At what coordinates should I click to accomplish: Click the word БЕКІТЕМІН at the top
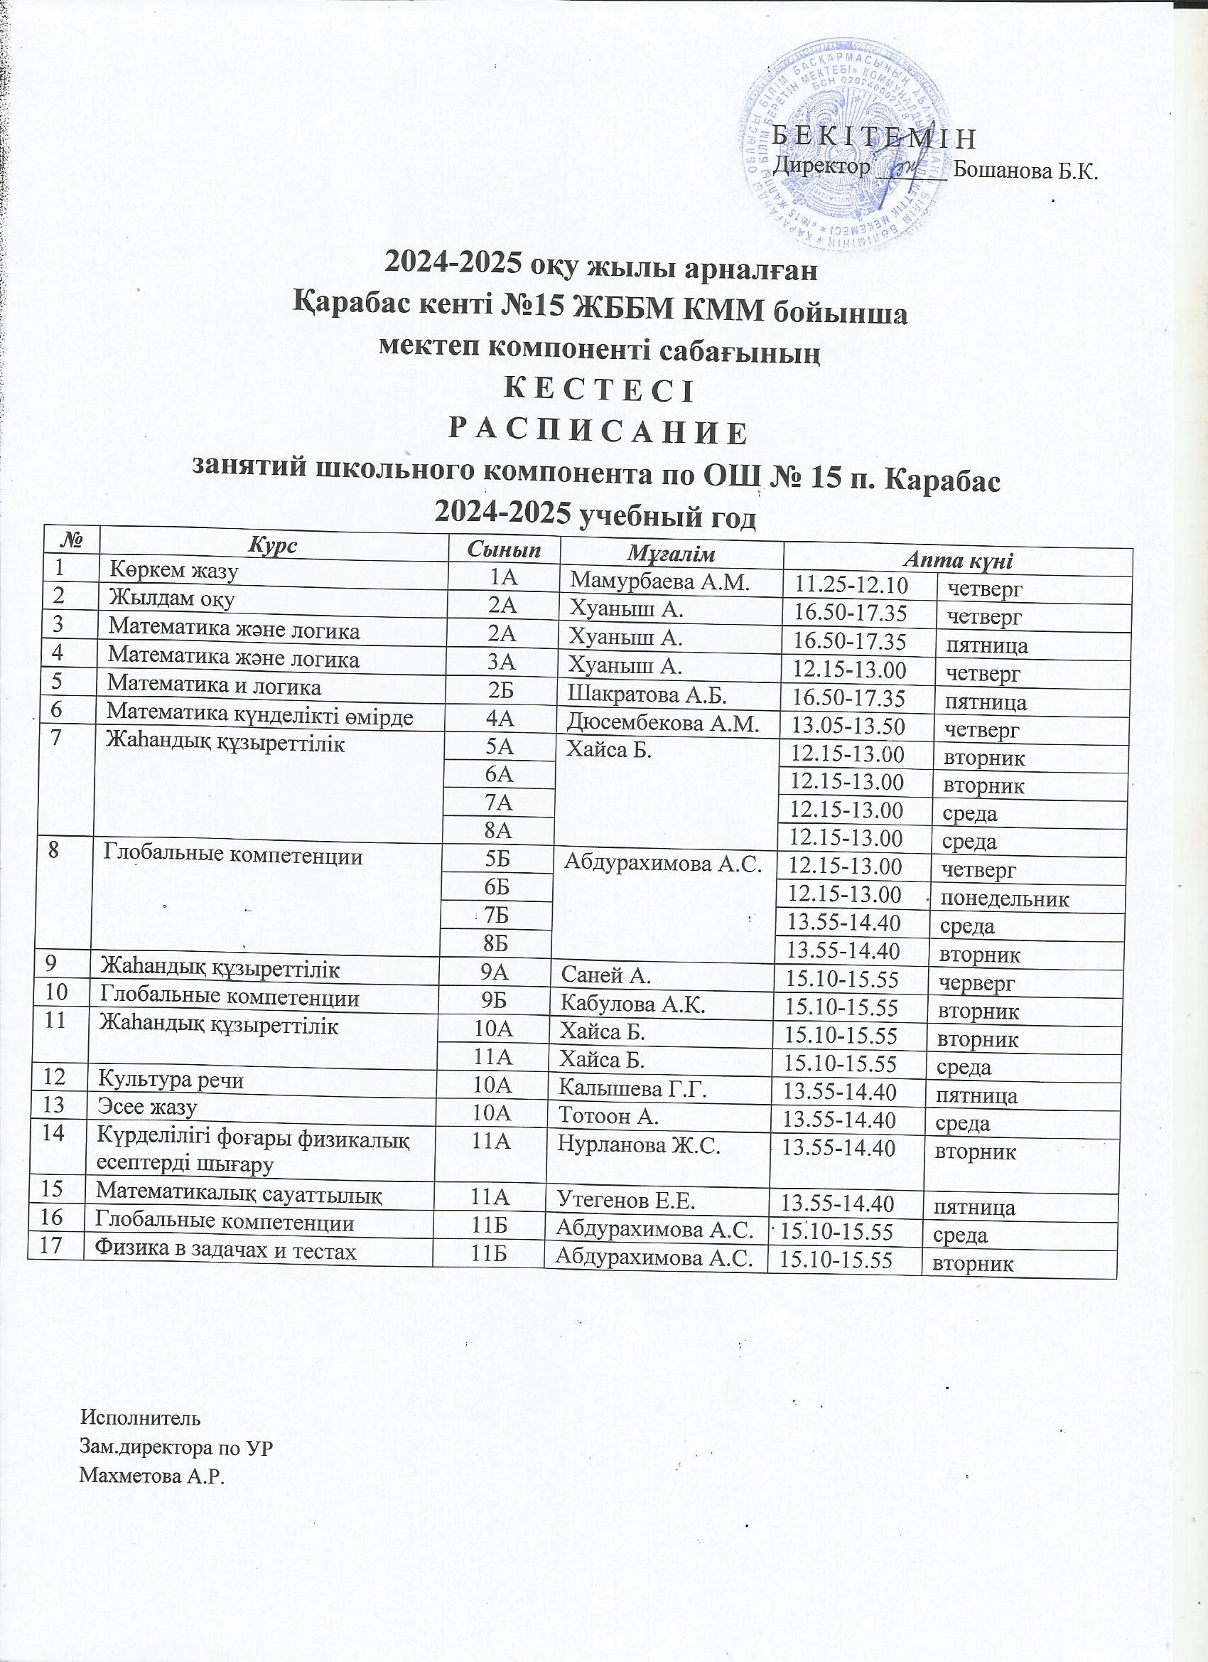[875, 138]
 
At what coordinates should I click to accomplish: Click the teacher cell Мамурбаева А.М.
[660, 582]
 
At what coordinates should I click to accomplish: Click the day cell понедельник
[1004, 899]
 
